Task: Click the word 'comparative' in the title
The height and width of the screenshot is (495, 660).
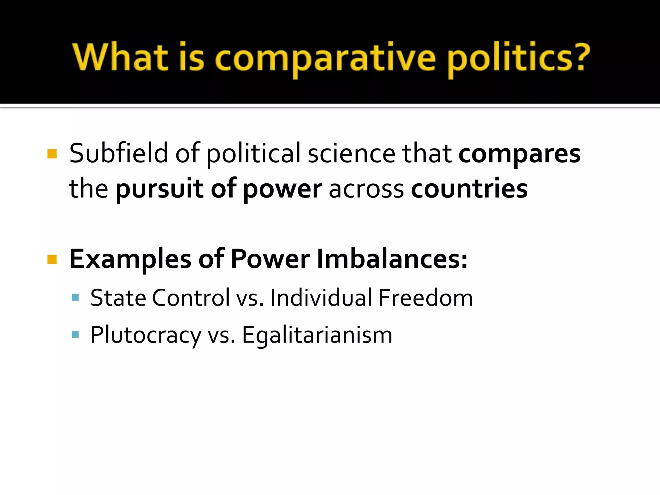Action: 325,58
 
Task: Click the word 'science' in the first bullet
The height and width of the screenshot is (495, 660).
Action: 351,153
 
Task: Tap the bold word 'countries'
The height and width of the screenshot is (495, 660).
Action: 469,189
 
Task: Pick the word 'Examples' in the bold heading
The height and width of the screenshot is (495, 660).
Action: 130,259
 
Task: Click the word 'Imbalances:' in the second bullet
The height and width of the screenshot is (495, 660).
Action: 392,259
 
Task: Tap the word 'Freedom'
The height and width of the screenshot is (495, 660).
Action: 425,297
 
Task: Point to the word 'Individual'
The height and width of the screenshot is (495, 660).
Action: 321,297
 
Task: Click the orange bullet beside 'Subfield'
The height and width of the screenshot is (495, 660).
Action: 52,154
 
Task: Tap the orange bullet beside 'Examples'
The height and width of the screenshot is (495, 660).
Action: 52,259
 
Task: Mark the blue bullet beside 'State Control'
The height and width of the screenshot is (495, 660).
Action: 75,297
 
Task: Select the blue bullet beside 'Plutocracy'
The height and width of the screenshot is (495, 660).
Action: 75,334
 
